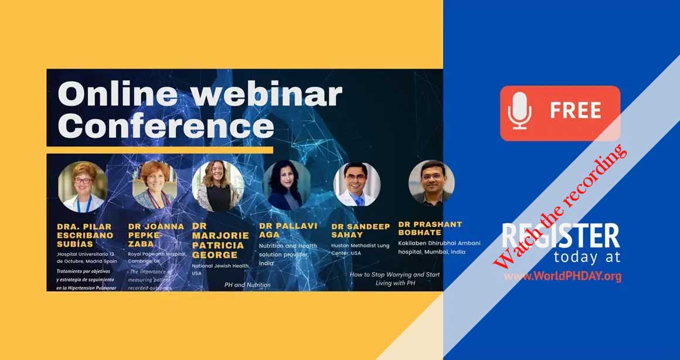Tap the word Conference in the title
166,126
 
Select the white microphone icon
519,111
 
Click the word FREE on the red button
575,111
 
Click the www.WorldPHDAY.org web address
562,276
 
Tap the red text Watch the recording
560,206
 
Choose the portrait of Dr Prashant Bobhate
431,182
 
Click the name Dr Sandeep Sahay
360,230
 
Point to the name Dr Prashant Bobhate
430,228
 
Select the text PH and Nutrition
247,285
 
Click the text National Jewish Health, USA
220,269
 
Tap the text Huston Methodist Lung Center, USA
360,249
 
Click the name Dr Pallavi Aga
288,230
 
